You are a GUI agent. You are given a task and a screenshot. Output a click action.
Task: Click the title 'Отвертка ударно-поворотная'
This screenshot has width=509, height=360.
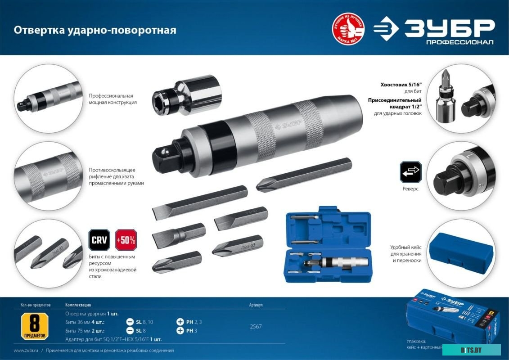coord(95,30)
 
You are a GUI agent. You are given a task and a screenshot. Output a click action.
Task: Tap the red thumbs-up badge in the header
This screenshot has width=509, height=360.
coord(348,29)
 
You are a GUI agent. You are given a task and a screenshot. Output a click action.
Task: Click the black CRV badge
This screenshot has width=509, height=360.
coord(99,240)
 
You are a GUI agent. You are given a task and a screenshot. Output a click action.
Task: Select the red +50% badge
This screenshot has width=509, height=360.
coord(126,240)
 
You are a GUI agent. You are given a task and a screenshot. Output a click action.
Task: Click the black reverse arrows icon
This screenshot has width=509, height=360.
coord(410,172)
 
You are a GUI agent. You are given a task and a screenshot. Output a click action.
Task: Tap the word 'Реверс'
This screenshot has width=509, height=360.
coord(410,189)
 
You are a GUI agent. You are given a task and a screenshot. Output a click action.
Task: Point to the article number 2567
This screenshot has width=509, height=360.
coord(256,327)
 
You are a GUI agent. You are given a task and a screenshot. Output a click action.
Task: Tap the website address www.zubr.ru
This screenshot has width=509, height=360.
coord(25,351)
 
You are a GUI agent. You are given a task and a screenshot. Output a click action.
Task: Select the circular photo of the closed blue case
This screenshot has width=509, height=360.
coord(460,253)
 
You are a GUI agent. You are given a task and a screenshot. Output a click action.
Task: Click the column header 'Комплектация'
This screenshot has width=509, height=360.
coord(78,305)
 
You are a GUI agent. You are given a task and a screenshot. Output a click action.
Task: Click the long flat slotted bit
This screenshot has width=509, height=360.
coord(199,202)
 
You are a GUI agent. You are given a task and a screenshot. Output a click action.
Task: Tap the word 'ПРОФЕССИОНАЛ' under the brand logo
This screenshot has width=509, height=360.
coord(459,42)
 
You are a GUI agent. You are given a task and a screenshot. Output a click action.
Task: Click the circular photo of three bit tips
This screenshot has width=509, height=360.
coord(48,253)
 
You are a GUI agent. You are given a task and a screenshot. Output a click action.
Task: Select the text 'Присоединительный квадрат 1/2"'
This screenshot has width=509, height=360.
coord(394,103)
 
